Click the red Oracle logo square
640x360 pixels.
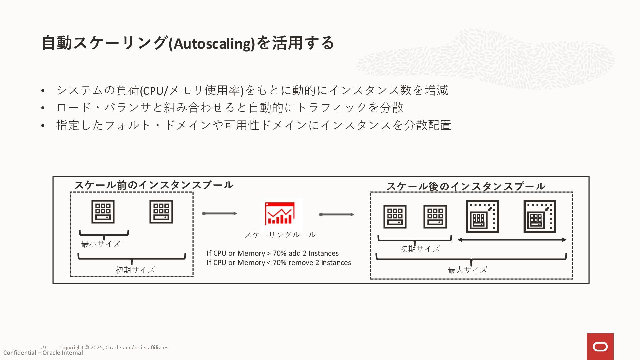tap(600, 347)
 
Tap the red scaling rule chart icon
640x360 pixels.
tap(280, 214)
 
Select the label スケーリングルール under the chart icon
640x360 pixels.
tap(280, 235)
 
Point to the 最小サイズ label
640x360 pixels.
tap(101, 244)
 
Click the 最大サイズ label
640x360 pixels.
tap(467, 270)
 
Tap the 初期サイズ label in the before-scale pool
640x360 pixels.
tap(135, 270)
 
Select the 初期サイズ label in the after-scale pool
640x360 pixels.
tap(420, 249)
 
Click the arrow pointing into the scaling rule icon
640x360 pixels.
tap(220, 213)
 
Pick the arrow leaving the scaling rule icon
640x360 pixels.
tap(337, 214)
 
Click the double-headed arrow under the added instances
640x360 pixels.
tap(512, 240)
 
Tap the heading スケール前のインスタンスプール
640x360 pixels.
tap(154, 185)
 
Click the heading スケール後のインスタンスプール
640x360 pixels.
tap(466, 186)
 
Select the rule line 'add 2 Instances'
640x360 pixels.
tap(273, 253)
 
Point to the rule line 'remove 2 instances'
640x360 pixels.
tap(279, 263)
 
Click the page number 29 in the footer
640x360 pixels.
tap(43, 347)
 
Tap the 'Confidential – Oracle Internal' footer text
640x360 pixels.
tap(43, 353)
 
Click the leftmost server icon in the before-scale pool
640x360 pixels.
tap(103, 212)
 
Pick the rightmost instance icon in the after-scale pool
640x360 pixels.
tap(539, 216)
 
